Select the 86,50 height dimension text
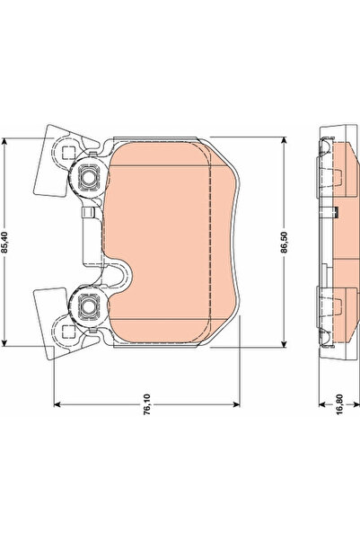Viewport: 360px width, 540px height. tap(285, 243)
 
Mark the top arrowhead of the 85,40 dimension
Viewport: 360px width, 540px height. tap(8, 141)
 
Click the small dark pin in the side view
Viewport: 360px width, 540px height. tap(334, 213)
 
